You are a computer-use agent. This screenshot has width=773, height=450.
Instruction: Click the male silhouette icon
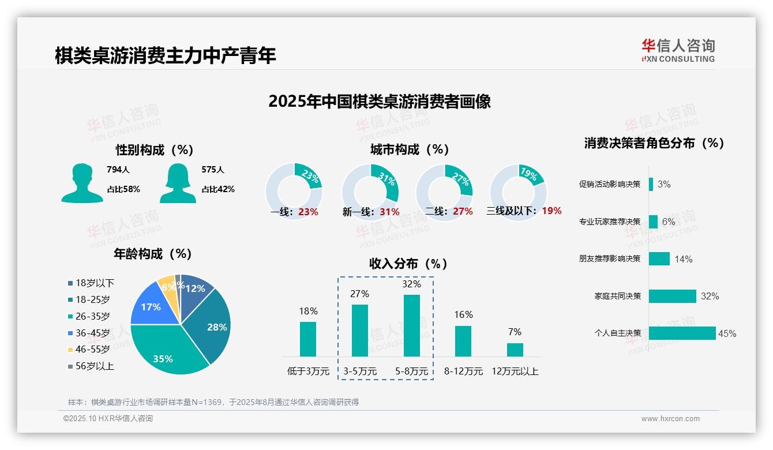pos(82,183)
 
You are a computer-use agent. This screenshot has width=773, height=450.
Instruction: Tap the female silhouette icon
pos(178,183)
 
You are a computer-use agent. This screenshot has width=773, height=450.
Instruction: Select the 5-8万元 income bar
pos(412,325)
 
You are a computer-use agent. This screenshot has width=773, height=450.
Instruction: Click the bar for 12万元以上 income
pos(515,350)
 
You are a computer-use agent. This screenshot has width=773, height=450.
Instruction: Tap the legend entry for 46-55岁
pos(92,349)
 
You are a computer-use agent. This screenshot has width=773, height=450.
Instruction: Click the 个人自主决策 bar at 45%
pos(682,333)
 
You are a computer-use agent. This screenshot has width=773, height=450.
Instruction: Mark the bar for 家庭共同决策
pos(672,296)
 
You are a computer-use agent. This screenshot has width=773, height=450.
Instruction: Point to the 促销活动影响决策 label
pos(610,184)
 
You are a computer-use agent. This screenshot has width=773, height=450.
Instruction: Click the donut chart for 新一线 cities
pos(370,192)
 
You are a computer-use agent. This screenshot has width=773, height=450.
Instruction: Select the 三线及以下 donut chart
pos(518,192)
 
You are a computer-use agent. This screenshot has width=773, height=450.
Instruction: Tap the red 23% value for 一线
pos(308,212)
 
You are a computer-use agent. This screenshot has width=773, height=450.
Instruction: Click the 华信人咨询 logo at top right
pos(678,50)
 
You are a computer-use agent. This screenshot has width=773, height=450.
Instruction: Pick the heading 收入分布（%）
pos(408,264)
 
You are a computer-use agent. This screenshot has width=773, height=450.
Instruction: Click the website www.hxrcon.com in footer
pos(670,419)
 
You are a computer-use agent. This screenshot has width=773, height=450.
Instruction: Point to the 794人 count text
pos(118,170)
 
